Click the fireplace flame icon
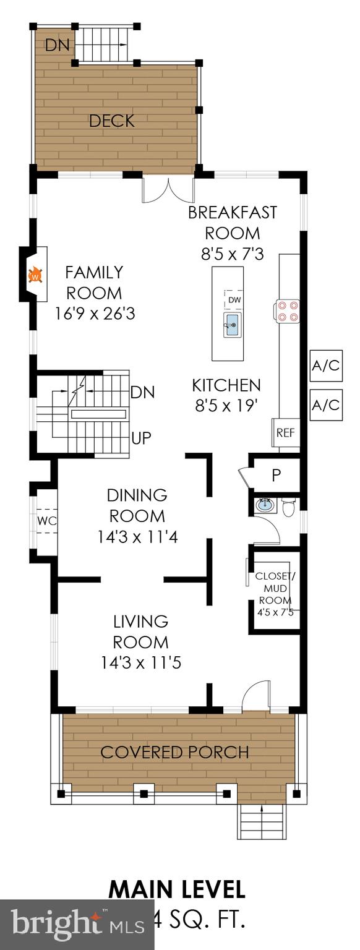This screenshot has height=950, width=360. point(36,273)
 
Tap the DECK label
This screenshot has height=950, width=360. point(112,121)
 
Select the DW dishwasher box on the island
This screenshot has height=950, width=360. point(233,299)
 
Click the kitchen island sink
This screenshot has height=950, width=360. point(233,323)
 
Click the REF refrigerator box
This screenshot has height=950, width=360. point(285,432)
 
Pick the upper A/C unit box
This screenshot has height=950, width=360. point(325,366)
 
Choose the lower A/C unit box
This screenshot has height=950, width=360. point(325,405)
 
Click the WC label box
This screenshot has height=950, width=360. point(47,521)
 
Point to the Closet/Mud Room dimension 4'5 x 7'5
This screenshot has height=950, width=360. point(276,612)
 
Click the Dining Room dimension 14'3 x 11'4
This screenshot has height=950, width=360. point(137,537)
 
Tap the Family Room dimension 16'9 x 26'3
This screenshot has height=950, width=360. point(94,314)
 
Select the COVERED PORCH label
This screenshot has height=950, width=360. point(174,752)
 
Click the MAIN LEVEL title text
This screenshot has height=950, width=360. point(177,889)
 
